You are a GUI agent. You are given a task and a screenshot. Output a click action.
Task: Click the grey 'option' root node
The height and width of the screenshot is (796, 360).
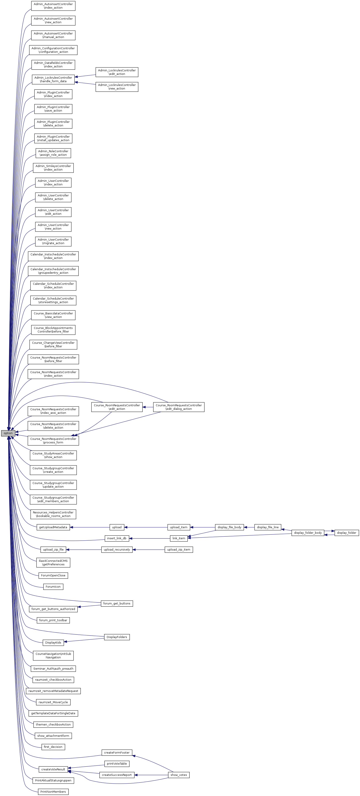pyautogui.click(x=8, y=433)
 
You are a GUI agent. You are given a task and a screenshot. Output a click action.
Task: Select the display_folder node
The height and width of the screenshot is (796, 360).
pyautogui.click(x=346, y=532)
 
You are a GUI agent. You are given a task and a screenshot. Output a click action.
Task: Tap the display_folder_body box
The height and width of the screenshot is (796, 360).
pyautogui.click(x=308, y=532)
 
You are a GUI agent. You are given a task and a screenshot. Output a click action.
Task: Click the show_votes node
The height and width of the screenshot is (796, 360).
pyautogui.click(x=179, y=775)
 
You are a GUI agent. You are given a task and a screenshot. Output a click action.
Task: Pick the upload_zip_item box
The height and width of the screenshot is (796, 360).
pyautogui.click(x=179, y=549)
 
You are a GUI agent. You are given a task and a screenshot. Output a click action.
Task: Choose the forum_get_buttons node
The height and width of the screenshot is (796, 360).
pyautogui.click(x=116, y=603)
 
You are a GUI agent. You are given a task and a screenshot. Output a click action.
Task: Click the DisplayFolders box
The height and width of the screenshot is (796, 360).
pyautogui.click(x=116, y=637)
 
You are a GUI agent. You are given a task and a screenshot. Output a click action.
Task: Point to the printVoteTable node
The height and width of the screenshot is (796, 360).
pyautogui.click(x=116, y=764)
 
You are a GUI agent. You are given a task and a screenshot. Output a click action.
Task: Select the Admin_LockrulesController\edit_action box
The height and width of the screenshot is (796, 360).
pyautogui.click(x=116, y=72)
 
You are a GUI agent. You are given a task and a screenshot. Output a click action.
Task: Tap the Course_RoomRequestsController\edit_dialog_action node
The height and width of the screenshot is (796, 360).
pyautogui.click(x=179, y=407)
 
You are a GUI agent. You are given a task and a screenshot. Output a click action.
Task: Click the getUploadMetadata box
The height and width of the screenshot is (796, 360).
pyautogui.click(x=53, y=527)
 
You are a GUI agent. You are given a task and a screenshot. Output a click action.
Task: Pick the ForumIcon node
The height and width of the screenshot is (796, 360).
pyautogui.click(x=53, y=587)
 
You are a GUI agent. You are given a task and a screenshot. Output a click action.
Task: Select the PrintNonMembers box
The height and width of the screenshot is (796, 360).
pyautogui.click(x=53, y=791)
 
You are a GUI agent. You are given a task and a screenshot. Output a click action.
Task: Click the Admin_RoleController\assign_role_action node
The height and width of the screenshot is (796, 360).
pyautogui.click(x=53, y=153)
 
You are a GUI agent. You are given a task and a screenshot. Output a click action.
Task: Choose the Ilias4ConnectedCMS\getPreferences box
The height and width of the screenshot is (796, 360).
pyautogui.click(x=53, y=562)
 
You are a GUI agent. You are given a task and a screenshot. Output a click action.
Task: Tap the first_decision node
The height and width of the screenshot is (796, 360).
pyautogui.click(x=53, y=747)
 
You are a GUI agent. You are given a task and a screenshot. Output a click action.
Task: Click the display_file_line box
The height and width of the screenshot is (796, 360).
pyautogui.click(x=268, y=527)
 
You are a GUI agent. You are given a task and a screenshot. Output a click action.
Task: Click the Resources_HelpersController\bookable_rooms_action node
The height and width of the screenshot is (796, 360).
pyautogui.click(x=53, y=514)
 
